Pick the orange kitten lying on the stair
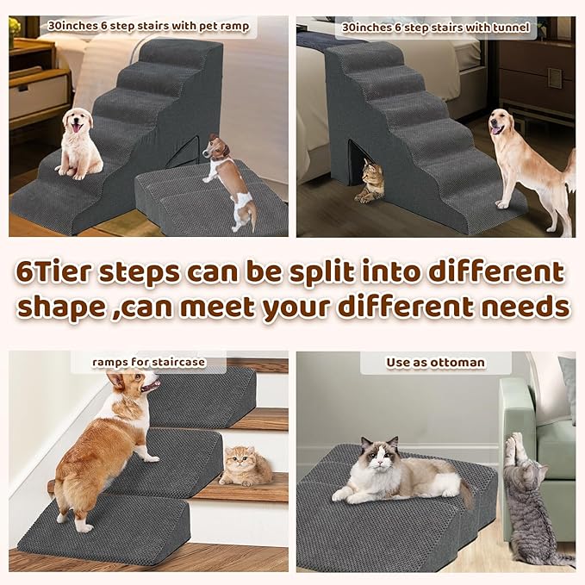(245, 466)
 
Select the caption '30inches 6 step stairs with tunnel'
(435, 28)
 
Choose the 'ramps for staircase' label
(149, 362)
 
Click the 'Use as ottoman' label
(435, 363)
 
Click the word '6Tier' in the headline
(54, 273)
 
